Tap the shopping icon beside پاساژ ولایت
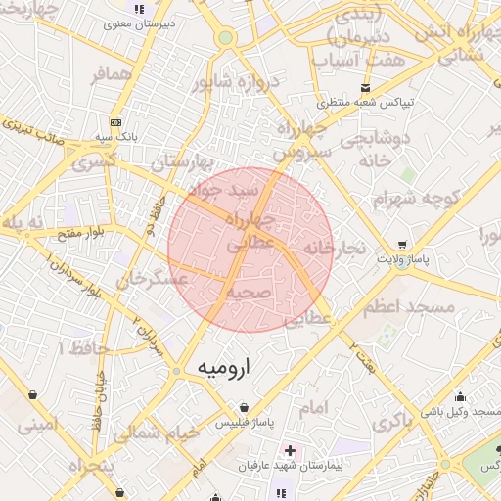click(x=402, y=245)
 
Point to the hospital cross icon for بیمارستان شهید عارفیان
click(x=290, y=449)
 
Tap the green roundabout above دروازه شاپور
click(x=226, y=38)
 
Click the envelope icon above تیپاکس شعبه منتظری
click(x=366, y=87)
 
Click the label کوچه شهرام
click(x=416, y=199)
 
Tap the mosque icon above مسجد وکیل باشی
click(x=461, y=396)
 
